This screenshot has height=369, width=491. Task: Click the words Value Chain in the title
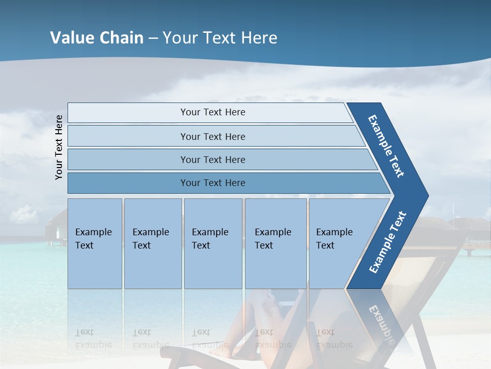(x=97, y=38)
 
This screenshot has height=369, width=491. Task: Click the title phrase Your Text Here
(x=220, y=38)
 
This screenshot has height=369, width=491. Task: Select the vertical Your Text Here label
(x=59, y=147)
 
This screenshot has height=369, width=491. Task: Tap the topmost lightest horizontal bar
(x=212, y=112)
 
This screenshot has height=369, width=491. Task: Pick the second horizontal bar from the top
(x=212, y=136)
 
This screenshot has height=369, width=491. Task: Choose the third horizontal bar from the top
(x=212, y=159)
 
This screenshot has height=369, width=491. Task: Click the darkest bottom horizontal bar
(x=212, y=183)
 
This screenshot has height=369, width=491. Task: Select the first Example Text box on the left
(x=95, y=243)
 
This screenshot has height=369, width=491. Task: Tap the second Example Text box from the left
(x=152, y=243)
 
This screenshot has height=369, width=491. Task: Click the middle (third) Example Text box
(x=213, y=243)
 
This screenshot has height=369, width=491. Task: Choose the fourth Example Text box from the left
(x=276, y=243)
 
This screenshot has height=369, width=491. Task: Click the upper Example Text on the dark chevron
(x=387, y=146)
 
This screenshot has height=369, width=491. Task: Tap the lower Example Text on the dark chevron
(x=388, y=242)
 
